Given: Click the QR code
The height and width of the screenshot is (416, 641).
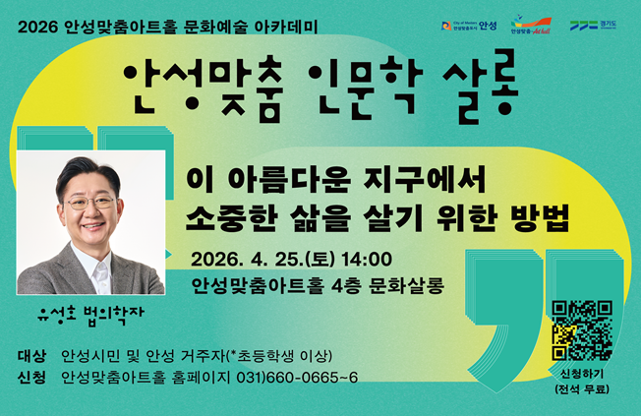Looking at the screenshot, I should (582, 330).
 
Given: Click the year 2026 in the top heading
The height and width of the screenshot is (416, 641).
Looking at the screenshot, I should (38, 23).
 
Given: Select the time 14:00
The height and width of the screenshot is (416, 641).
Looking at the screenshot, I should (368, 260).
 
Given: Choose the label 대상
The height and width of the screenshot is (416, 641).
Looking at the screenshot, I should (32, 355).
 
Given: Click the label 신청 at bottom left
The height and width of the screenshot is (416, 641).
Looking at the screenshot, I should (32, 378).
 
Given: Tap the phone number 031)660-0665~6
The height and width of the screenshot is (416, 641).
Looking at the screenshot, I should (297, 378).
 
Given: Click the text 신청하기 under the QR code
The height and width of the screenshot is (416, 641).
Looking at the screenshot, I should (582, 375).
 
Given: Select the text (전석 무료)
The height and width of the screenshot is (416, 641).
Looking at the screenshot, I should (582, 391).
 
